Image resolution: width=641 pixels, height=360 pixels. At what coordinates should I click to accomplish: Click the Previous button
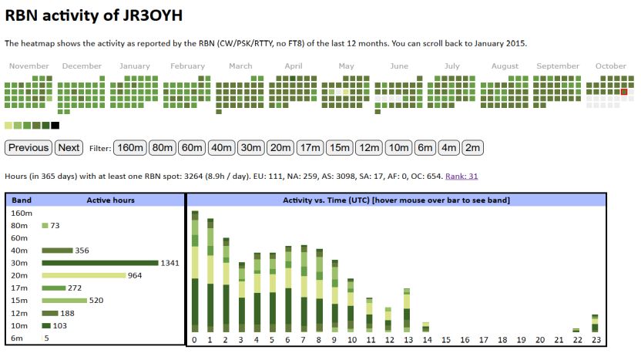[29, 147]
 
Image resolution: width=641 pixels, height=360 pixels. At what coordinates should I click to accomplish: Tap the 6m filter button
[425, 147]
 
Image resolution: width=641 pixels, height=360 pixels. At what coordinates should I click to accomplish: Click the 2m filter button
[473, 147]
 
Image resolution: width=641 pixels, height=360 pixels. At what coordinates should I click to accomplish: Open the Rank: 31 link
[461, 177]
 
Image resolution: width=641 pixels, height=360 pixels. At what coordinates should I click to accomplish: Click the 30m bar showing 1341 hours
[99, 263]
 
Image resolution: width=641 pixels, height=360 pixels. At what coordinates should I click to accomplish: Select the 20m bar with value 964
[83, 275]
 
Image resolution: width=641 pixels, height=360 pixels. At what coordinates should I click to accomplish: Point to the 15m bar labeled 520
[65, 301]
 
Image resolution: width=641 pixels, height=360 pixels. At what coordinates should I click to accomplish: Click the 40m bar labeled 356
[57, 251]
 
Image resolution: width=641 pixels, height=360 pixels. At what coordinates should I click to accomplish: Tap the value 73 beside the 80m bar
[55, 225]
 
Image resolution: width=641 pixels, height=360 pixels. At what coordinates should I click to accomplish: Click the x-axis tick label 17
[483, 340]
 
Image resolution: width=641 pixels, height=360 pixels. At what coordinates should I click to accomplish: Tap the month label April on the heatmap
[294, 66]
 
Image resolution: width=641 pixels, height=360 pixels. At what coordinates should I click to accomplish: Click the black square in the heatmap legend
[55, 125]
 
